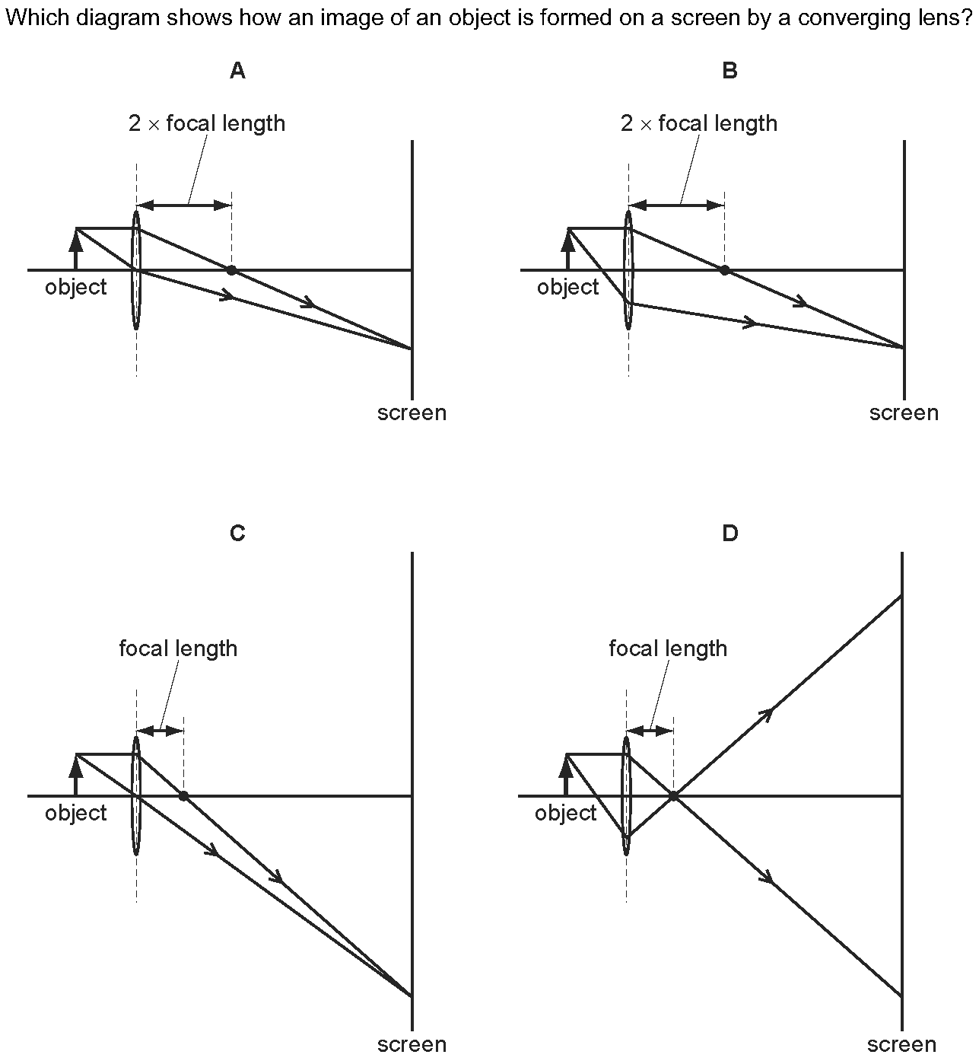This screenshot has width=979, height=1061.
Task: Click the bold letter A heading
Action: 237,71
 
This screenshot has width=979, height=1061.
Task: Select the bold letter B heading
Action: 729,71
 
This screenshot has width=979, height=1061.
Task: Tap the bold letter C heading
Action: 237,533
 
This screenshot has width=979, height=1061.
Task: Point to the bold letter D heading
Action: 729,533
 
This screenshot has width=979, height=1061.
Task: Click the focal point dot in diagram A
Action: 231,270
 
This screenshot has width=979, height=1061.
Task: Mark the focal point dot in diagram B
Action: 724,270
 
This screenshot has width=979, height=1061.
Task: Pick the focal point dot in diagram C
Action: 184,796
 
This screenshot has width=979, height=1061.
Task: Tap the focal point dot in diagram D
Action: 673,796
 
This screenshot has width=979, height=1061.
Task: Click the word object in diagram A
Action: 76,288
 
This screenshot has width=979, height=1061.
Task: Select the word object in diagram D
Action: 566,813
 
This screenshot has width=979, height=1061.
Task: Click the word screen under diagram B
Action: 904,413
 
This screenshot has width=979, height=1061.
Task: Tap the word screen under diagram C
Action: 412,1044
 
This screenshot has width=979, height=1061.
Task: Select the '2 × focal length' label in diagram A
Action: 207,123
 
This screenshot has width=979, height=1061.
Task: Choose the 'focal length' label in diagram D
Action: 668,648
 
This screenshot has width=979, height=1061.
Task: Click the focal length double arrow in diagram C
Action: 161,731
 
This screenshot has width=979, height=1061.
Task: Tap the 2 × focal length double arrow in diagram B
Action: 677,206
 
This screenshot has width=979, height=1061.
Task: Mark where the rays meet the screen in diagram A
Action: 412,349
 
